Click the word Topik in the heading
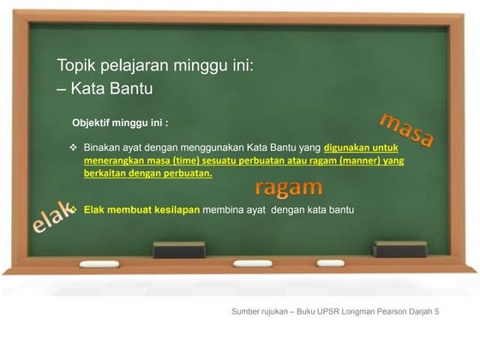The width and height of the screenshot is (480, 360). [75, 65]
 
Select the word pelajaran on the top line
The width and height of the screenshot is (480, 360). [136, 65]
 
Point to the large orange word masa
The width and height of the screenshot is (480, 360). [406, 129]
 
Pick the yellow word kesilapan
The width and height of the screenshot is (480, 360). [173, 209]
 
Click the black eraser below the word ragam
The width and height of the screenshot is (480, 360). [179, 249]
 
